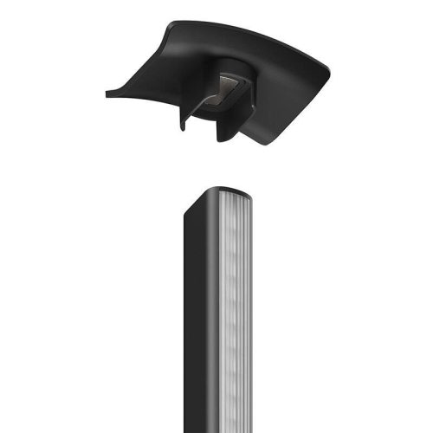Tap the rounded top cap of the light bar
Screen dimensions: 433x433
click(x=220, y=189)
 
